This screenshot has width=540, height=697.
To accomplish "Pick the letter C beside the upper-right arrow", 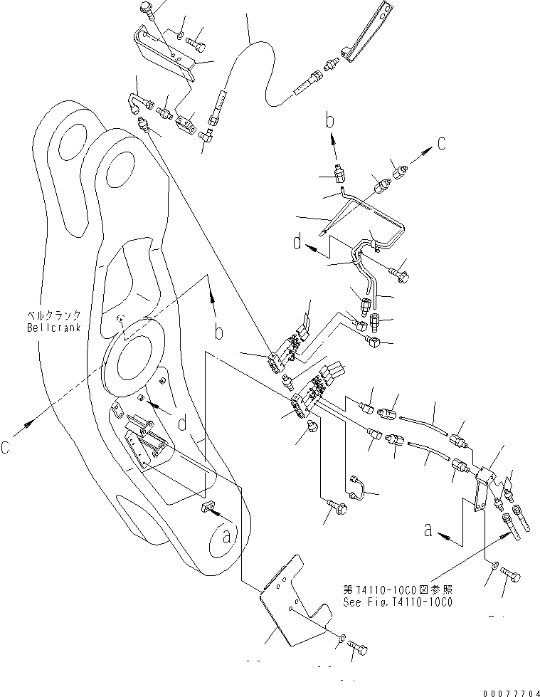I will click(441, 143).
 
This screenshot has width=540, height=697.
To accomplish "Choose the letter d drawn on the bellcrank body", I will click(184, 425).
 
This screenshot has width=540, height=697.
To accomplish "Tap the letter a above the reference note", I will click(428, 529).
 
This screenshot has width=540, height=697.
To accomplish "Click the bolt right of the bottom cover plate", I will click(359, 647).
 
